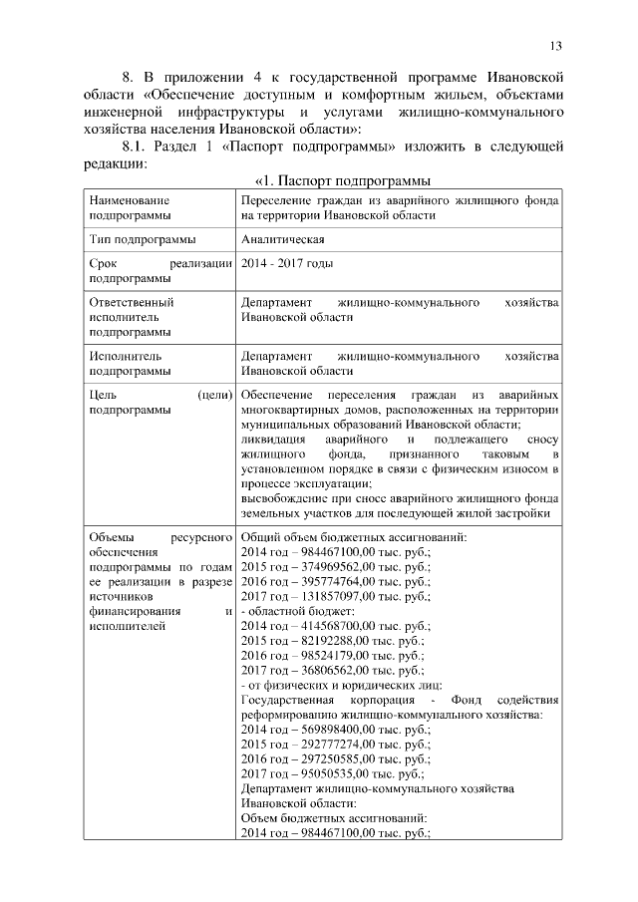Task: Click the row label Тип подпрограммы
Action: (x=142, y=239)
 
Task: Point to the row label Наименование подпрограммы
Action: (x=129, y=207)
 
